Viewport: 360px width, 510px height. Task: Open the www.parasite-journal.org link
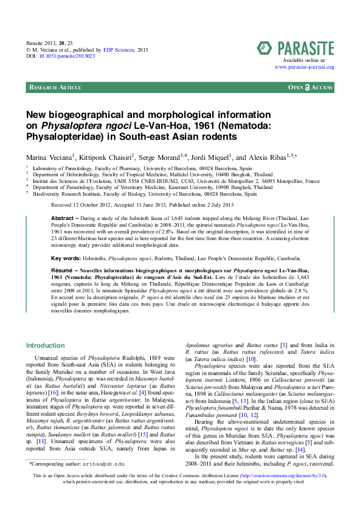pyautogui.click(x=304, y=67)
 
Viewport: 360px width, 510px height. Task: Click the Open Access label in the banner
pyautogui.click(x=310, y=88)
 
